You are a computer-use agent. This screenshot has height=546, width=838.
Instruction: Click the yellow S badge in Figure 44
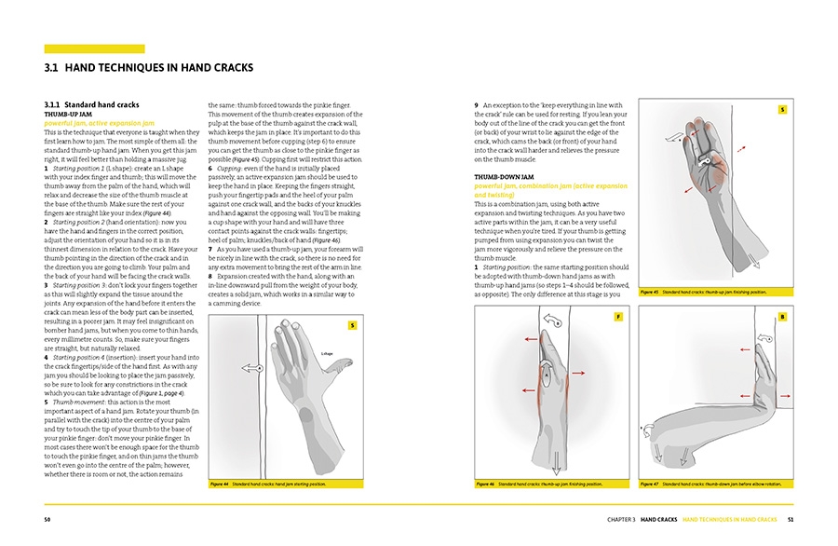(x=352, y=325)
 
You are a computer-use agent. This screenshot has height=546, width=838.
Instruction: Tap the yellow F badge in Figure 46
(x=617, y=318)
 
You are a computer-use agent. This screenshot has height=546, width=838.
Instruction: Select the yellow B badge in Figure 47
(x=782, y=318)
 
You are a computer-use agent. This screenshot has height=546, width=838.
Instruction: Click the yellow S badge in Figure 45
(x=782, y=110)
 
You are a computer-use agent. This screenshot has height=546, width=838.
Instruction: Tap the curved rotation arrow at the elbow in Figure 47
(x=647, y=430)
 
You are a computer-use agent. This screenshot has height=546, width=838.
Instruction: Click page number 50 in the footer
(x=47, y=519)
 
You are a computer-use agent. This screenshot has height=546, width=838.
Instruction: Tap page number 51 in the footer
(x=790, y=519)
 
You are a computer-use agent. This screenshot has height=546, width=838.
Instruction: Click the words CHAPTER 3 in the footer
(x=621, y=519)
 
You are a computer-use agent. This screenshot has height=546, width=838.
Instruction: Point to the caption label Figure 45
(x=650, y=292)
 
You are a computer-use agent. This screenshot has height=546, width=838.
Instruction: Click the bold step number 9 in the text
(x=477, y=105)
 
